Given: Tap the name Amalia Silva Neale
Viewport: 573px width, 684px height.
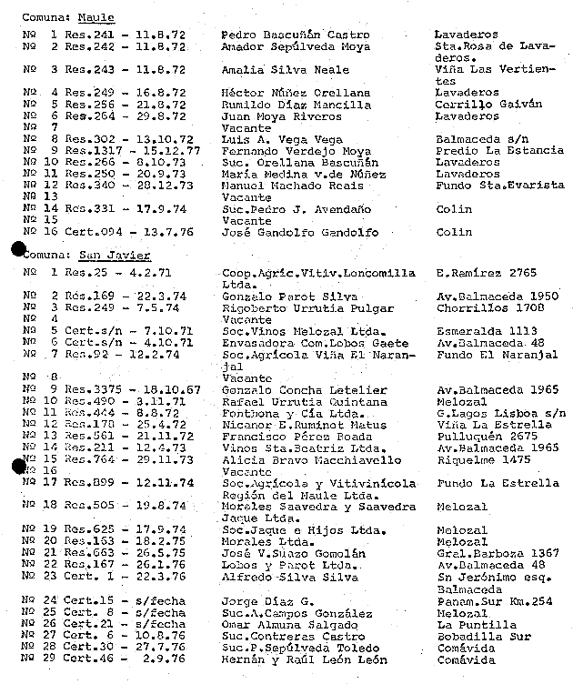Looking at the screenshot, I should [x=272, y=69].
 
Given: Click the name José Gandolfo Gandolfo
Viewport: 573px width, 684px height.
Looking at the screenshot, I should [x=288, y=232].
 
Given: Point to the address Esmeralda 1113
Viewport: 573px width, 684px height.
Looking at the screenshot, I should [x=479, y=331].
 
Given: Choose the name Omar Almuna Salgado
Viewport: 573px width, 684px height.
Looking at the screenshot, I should [x=278, y=624].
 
